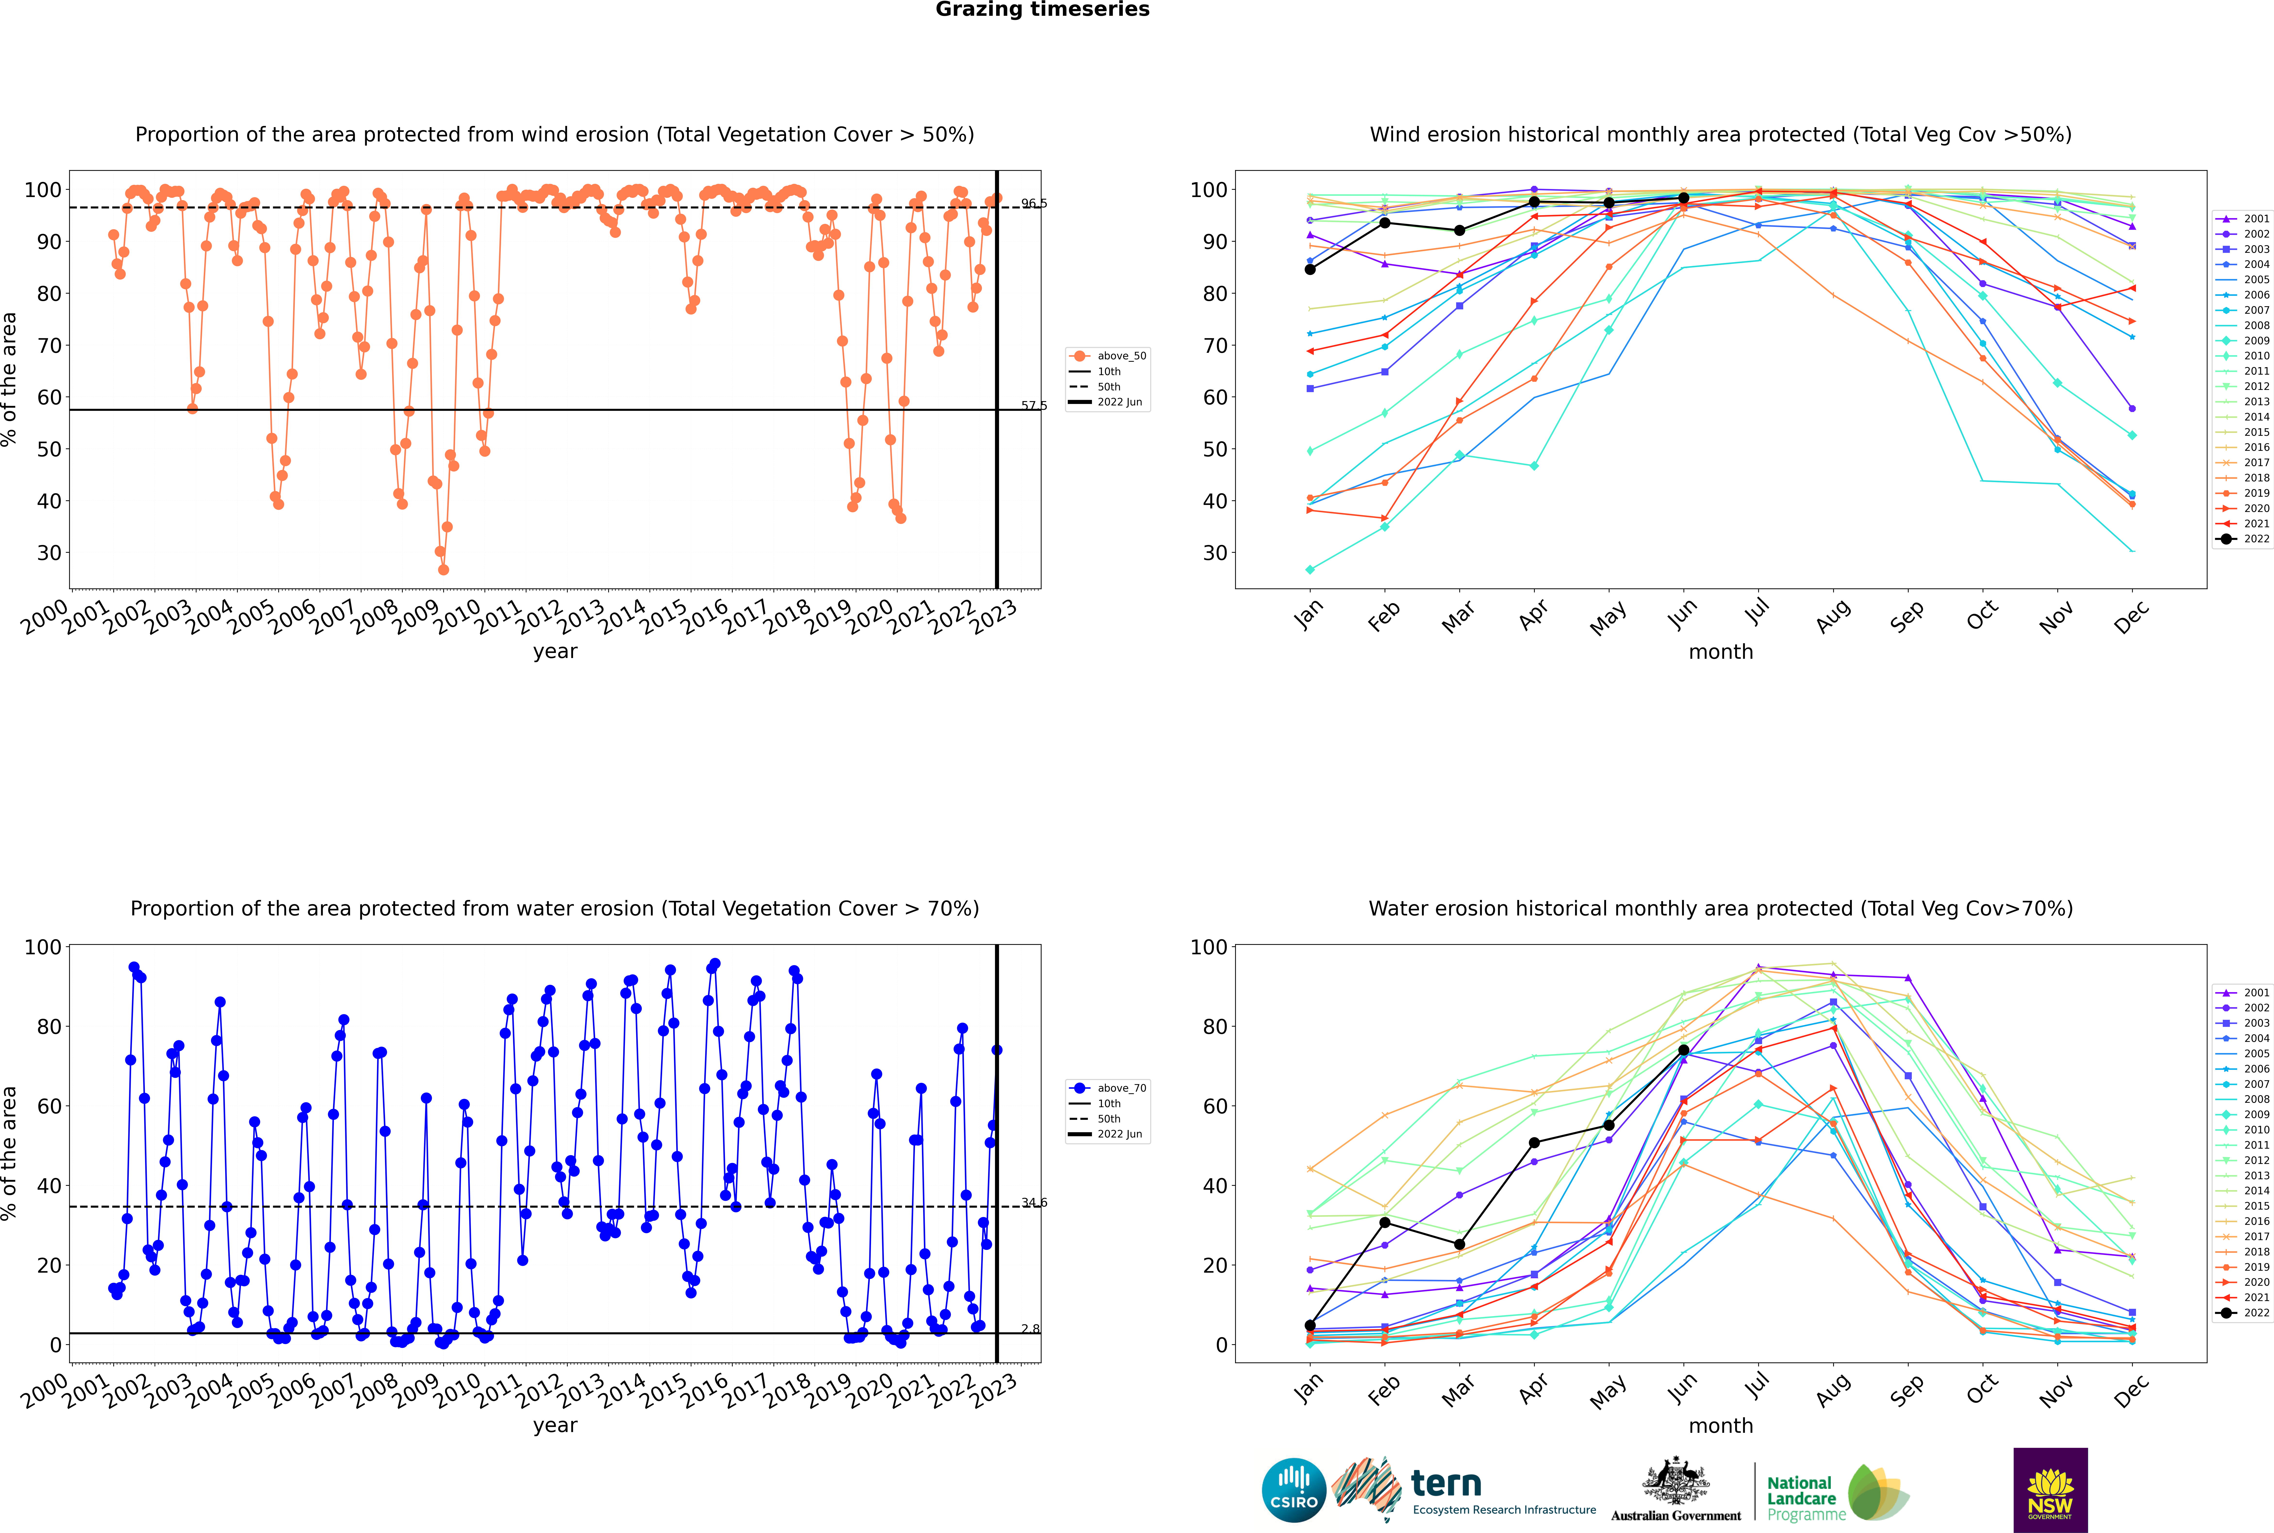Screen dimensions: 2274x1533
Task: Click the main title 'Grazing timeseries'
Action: tap(1042, 10)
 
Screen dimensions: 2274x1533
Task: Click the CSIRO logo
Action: tap(1293, 1490)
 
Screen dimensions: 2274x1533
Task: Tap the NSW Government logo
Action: tap(2050, 1490)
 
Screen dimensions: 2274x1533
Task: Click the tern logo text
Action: tap(1446, 1484)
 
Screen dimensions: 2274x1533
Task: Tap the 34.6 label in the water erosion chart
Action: tap(1033, 1203)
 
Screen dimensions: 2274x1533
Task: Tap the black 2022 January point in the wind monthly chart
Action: tap(1310, 270)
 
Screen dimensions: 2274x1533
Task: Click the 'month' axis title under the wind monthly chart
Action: tap(1721, 652)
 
